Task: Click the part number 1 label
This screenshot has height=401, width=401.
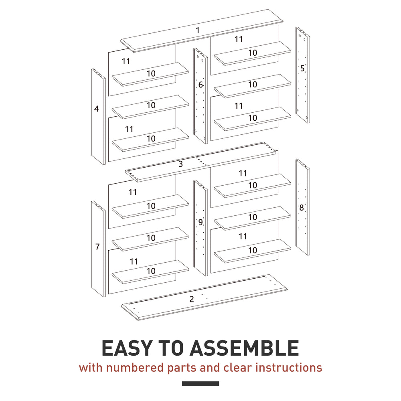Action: pyautogui.click(x=198, y=30)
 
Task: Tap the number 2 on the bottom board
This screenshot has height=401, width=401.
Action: pyautogui.click(x=192, y=299)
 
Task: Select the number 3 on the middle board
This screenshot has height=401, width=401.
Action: pyautogui.click(x=180, y=164)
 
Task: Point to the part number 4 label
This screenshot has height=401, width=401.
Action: pyautogui.click(x=96, y=109)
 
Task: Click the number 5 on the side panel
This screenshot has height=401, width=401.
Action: pyautogui.click(x=302, y=68)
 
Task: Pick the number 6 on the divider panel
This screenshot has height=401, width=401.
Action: pyautogui.click(x=200, y=85)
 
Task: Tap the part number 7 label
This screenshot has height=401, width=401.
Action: pyautogui.click(x=97, y=247)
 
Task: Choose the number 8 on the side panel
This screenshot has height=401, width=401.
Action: pyautogui.click(x=302, y=208)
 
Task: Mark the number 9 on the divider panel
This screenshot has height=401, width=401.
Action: pyautogui.click(x=200, y=222)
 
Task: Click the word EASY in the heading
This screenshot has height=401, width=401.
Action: pyautogui.click(x=128, y=348)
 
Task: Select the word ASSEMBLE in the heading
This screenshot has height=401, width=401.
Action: pyautogui.click(x=244, y=348)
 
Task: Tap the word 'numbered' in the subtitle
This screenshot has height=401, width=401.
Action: pyautogui.click(x=135, y=368)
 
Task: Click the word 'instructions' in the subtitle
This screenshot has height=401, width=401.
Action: pyautogui.click(x=289, y=368)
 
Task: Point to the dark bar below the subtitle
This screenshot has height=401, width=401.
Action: pyautogui.click(x=200, y=384)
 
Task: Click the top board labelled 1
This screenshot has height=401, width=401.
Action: pyautogui.click(x=202, y=31)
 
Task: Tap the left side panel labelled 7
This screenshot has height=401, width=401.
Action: pyautogui.click(x=99, y=249)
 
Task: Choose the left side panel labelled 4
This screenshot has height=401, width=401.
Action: pyautogui.click(x=99, y=117)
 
